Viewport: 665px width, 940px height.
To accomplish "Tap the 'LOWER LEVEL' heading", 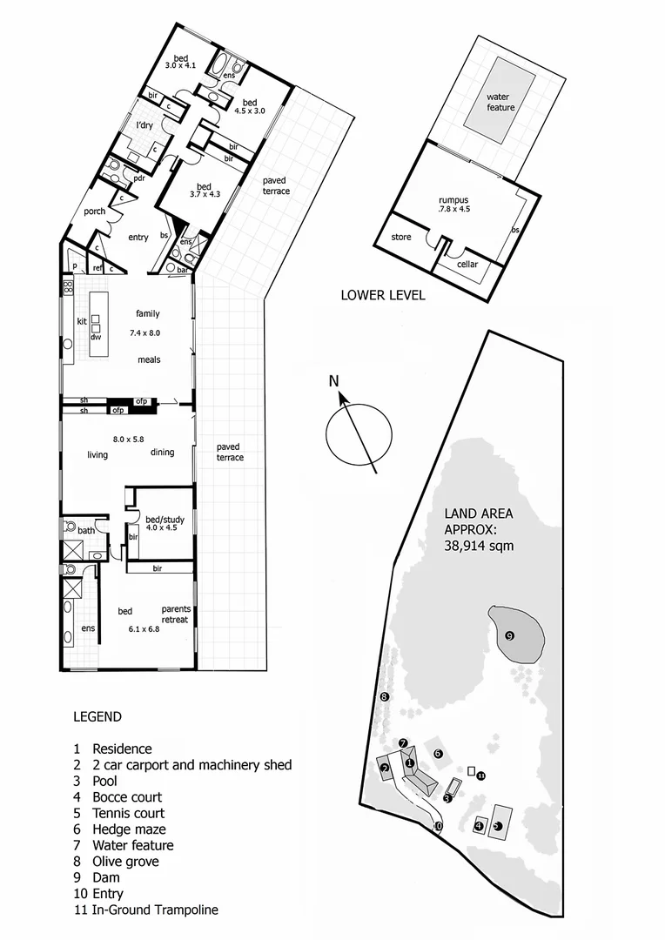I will pyautogui.click(x=382, y=296).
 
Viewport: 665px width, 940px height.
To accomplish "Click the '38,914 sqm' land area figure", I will pyautogui.click(x=479, y=546).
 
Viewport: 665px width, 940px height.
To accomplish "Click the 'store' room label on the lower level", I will pyautogui.click(x=400, y=236).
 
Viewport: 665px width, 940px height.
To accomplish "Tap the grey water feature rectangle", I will pyautogui.click(x=500, y=101).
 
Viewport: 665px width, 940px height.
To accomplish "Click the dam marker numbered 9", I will pyautogui.click(x=510, y=635).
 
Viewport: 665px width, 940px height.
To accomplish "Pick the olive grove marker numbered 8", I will pyautogui.click(x=383, y=696).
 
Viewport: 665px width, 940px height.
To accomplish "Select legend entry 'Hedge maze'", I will pyautogui.click(x=129, y=829).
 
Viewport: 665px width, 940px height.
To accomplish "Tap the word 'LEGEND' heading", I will pyautogui.click(x=97, y=717).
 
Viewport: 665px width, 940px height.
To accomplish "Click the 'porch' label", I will pyautogui.click(x=94, y=211).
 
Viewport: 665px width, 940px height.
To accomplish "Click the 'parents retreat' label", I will pyautogui.click(x=174, y=614).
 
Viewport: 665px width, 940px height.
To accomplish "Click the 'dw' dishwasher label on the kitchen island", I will pyautogui.click(x=96, y=335).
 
